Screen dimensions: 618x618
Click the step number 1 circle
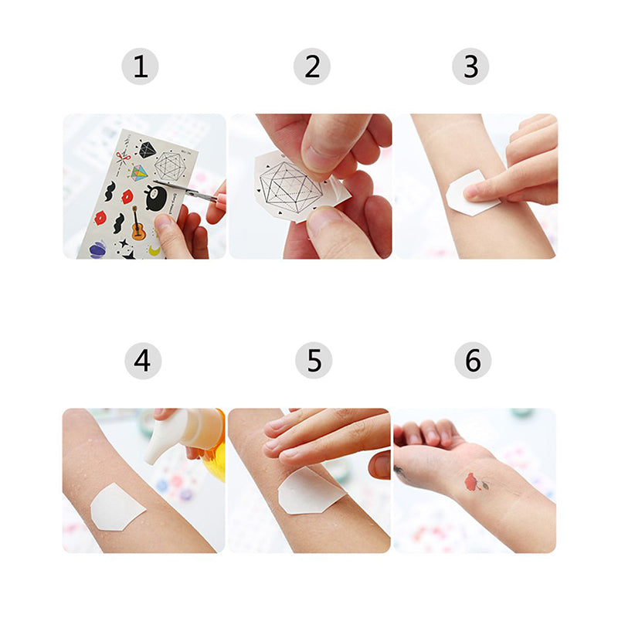point(140,66)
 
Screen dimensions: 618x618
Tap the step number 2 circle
point(312,66)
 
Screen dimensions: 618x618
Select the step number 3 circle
point(471,66)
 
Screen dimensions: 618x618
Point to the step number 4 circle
point(143,361)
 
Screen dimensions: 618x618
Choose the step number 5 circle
point(314,361)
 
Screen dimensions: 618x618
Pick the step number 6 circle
point(473,361)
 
